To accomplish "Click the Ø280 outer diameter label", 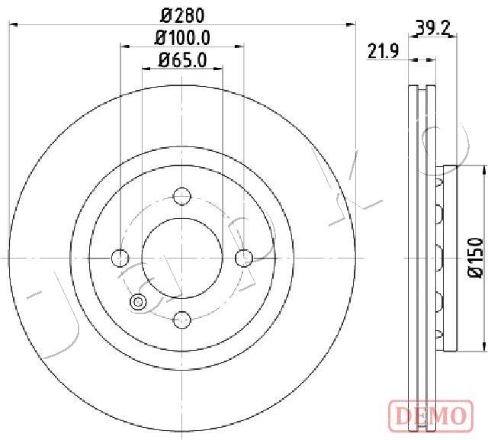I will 182,14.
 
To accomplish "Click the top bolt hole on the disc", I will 181,197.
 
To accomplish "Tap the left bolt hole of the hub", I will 120,258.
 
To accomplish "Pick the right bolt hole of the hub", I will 242,258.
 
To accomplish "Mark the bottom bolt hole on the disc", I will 181,319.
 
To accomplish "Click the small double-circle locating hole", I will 139,302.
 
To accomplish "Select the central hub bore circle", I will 181,258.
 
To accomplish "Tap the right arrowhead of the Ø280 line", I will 352,25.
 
